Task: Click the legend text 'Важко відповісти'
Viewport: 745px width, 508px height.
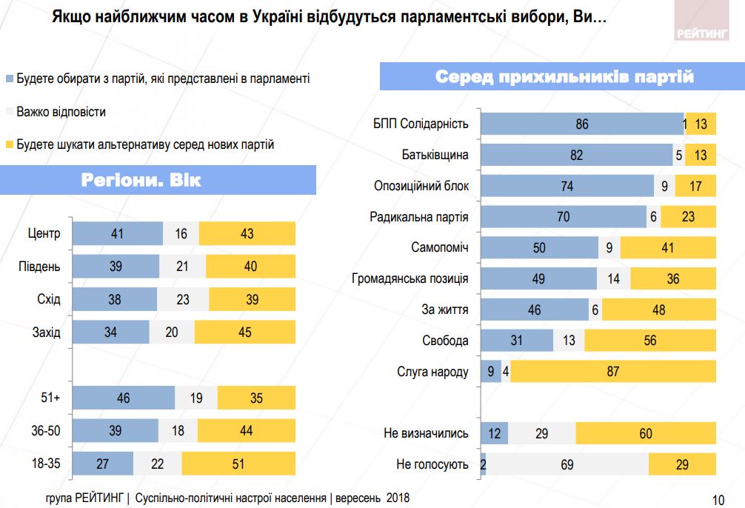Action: [x=61, y=112]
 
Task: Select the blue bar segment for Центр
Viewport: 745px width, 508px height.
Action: [x=118, y=233]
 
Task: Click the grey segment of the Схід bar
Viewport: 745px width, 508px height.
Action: [x=183, y=299]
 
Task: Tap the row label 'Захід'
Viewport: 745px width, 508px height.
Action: [x=47, y=332]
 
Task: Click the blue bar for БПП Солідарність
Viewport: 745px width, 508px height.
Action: [x=581, y=124]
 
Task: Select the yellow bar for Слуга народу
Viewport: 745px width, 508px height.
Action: [x=613, y=372]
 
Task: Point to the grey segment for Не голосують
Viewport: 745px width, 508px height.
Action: [x=567, y=464]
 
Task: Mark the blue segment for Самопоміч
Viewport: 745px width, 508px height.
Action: [x=539, y=248]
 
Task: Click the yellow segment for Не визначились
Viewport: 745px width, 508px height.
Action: [x=646, y=433]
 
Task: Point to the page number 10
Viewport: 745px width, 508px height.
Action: [x=717, y=499]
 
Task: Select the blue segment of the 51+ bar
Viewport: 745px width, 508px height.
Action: [x=124, y=398]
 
